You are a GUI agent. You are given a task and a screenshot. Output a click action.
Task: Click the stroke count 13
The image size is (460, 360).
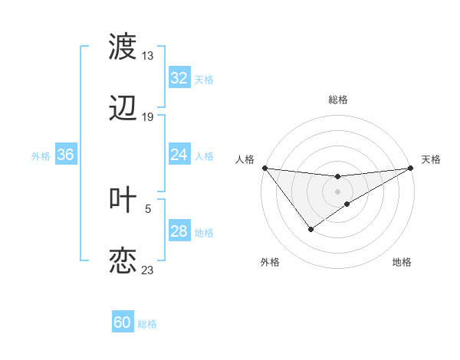148,56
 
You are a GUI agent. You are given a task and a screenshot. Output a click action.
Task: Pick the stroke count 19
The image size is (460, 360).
148,117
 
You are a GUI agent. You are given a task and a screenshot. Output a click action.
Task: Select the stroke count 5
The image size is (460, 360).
148,208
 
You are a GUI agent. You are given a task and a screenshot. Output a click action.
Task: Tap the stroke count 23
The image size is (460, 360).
148,270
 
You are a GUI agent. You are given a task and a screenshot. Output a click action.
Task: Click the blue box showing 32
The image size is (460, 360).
179,78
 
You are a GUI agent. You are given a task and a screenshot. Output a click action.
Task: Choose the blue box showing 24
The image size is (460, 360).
179,155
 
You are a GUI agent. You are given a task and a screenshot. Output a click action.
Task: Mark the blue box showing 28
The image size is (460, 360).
179,231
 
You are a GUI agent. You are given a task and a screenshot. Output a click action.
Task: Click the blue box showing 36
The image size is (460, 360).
66,155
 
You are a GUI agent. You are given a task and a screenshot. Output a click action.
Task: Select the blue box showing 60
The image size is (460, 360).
123,322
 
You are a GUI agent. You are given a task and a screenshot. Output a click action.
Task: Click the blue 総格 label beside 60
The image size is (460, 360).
147,324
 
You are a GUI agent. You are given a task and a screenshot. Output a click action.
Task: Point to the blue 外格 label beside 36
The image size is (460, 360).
41,155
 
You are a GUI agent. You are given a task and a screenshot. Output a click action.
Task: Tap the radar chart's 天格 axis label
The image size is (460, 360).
431,159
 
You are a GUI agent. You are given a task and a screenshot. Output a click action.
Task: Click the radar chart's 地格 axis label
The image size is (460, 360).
402,262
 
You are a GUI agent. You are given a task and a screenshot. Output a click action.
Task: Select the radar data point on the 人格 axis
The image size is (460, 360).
264,168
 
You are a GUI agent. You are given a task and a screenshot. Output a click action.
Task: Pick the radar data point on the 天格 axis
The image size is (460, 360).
411,168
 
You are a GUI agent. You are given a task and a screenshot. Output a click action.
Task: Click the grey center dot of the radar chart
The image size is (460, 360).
337,191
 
